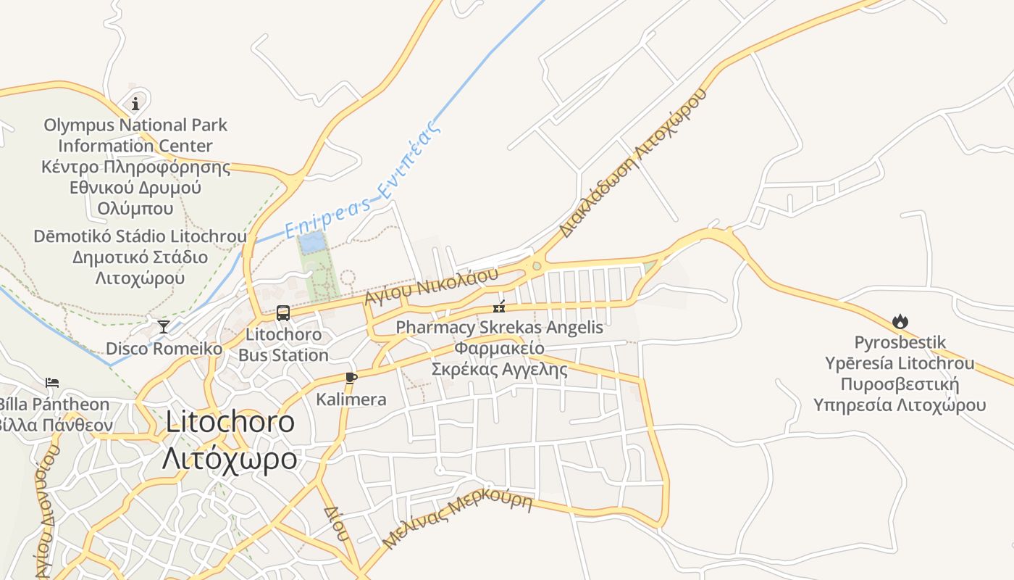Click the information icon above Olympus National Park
click(x=135, y=104)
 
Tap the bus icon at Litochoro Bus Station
click(x=283, y=313)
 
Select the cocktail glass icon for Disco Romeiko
click(x=164, y=326)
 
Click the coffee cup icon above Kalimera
click(x=351, y=378)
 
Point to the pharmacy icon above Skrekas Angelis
click(x=499, y=306)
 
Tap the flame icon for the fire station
click(x=900, y=321)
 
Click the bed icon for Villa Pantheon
click(x=52, y=382)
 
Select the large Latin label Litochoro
click(x=230, y=422)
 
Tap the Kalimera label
click(x=351, y=399)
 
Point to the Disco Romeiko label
click(x=164, y=349)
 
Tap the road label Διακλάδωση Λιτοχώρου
click(x=632, y=164)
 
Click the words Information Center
click(x=135, y=146)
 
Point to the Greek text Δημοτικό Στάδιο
click(x=140, y=257)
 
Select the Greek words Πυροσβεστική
click(x=900, y=384)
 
